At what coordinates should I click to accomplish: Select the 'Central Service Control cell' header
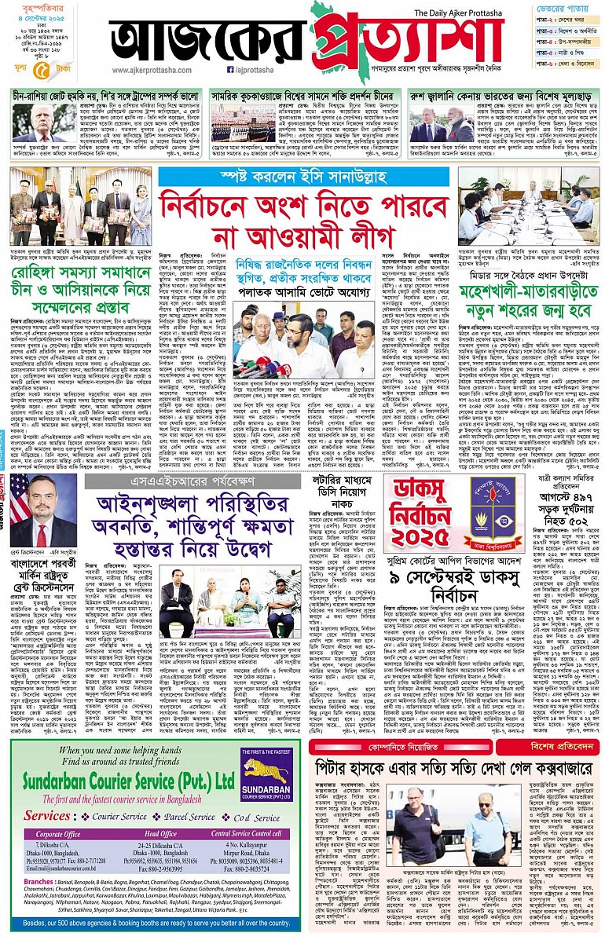246,834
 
